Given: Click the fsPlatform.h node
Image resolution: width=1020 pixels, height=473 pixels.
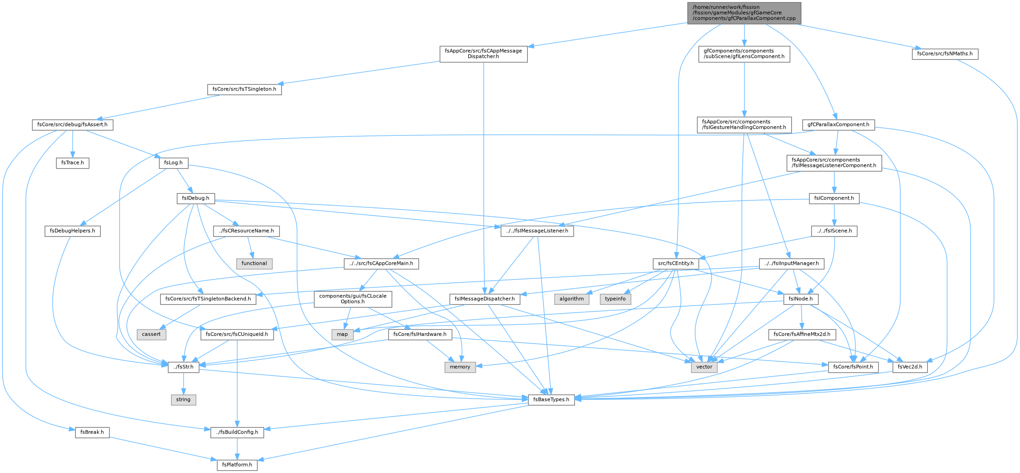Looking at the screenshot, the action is click(237, 465).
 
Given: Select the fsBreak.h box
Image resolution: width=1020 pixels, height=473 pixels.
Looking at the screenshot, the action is click(92, 432).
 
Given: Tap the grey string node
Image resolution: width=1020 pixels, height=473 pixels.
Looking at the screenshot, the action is click(183, 400).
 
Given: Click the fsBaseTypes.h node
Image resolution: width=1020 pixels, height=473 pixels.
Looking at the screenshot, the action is click(551, 400).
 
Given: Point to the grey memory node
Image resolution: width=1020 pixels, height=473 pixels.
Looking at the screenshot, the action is click(460, 367).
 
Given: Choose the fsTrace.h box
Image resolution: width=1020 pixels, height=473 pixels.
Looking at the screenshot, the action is click(73, 163).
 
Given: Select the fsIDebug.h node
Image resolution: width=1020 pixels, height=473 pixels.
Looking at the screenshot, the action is click(195, 198).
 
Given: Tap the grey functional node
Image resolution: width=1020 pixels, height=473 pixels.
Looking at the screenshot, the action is click(254, 263).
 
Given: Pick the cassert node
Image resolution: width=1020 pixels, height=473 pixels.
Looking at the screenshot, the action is click(151, 334).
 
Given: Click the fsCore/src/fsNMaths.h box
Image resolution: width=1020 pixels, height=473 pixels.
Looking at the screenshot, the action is click(945, 54).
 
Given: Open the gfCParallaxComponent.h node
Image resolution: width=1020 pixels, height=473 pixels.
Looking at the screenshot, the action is click(838, 125).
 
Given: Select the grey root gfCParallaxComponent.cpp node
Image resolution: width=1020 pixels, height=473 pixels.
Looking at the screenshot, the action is click(744, 13).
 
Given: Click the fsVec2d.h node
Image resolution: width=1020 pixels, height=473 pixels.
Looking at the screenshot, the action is click(910, 367).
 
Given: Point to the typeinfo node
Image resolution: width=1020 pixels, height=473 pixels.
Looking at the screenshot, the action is click(615, 299).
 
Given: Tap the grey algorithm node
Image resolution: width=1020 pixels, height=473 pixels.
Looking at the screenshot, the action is click(572, 299).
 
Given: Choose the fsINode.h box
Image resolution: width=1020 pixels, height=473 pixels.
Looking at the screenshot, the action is click(801, 299).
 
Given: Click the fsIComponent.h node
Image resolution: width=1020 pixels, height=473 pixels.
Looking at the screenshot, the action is click(834, 198).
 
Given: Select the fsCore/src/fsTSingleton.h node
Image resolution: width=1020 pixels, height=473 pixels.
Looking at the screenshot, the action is click(244, 89).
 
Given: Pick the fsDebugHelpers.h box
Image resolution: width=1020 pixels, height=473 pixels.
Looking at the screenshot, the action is click(73, 231).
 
